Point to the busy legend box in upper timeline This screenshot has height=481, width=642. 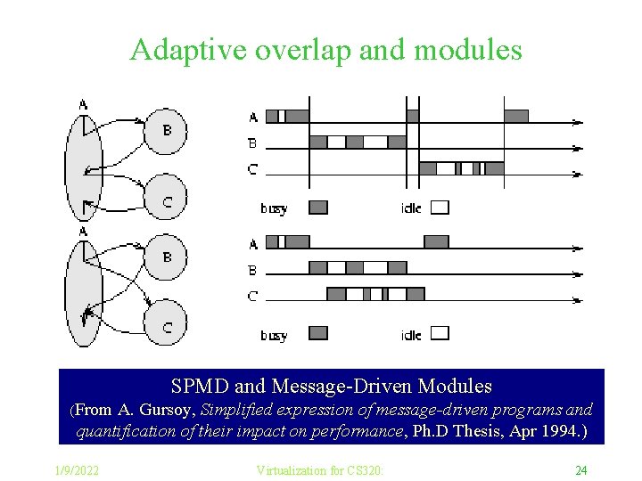(318, 208)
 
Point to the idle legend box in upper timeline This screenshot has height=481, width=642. (440, 208)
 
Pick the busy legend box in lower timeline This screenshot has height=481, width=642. (318, 333)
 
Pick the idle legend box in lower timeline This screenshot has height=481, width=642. (440, 333)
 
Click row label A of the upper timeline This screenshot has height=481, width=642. (253, 117)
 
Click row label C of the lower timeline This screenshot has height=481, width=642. (253, 296)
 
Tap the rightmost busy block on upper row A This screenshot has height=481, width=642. (515, 116)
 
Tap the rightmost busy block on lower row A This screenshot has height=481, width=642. (436, 241)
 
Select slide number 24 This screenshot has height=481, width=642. (580, 470)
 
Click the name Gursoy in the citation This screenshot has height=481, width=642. (169, 410)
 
